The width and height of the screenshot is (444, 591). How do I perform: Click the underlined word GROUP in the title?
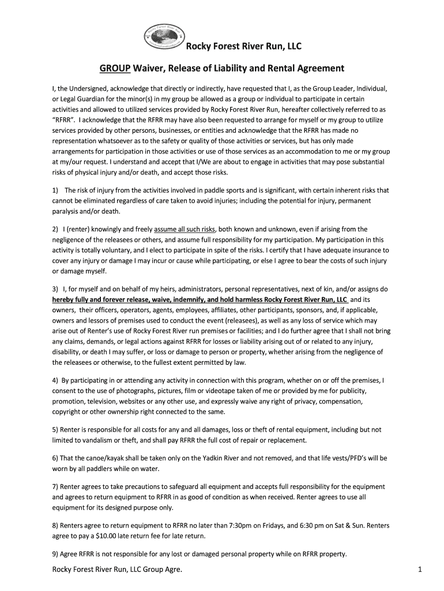click(x=114, y=68)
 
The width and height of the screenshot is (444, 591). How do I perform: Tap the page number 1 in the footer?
click(x=420, y=570)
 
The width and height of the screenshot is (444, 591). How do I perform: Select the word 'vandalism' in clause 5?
click(x=97, y=440)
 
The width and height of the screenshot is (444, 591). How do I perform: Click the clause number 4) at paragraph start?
click(x=56, y=381)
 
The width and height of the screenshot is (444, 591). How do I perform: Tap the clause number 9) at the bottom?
click(x=56, y=554)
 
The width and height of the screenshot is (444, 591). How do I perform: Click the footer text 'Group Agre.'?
click(x=160, y=570)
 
